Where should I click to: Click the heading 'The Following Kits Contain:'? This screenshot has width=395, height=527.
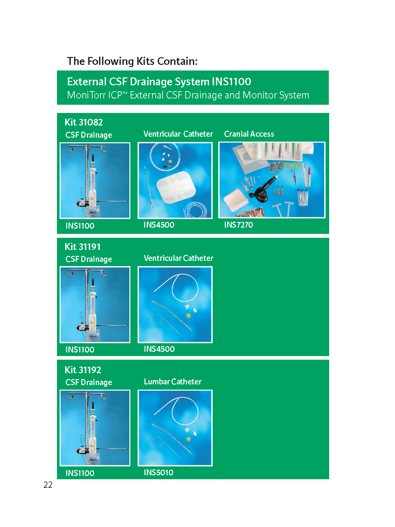132,61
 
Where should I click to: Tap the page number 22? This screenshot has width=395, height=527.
48,485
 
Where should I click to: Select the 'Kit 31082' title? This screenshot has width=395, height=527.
84,122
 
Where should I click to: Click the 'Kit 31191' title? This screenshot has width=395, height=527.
83,247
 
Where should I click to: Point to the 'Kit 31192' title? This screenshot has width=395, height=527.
83,370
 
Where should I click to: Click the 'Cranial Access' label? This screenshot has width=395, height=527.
249,134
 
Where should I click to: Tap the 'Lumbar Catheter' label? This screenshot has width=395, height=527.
173,381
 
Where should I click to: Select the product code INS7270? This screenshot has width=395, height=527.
239,225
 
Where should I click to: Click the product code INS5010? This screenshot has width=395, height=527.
159,473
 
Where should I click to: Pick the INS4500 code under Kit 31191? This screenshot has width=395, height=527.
159,349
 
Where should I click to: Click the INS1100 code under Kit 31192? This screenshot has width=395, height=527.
80,473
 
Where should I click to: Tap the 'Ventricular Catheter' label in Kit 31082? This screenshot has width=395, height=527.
178,134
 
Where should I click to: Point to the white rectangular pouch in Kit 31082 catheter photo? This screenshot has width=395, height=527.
176,187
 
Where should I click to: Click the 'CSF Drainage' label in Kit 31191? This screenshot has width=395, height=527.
89,259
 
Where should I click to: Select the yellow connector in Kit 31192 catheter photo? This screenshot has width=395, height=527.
189,439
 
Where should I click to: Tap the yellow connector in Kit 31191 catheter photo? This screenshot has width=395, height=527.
189,316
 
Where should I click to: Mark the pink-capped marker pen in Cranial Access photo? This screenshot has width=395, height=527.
309,177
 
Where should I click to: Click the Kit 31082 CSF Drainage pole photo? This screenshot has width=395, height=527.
95,180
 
